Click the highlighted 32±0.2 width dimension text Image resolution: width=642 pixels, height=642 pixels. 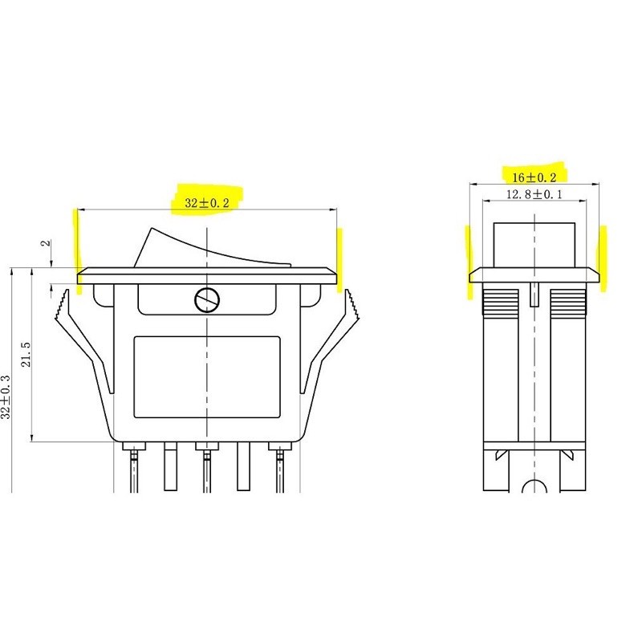pyautogui.click(x=207, y=203)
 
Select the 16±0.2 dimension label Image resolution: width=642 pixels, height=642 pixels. pyautogui.click(x=534, y=177)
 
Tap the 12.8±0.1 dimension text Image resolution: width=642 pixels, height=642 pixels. pyautogui.click(x=534, y=194)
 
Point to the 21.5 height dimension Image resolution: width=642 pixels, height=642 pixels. pyautogui.click(x=26, y=354)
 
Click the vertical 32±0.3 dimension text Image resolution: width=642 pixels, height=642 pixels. pyautogui.click(x=6, y=396)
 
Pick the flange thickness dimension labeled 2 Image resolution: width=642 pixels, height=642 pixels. pyautogui.click(x=46, y=242)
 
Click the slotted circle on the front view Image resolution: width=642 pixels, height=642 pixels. pyautogui.click(x=207, y=300)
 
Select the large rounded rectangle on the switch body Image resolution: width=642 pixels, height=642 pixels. pyautogui.click(x=207, y=377)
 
